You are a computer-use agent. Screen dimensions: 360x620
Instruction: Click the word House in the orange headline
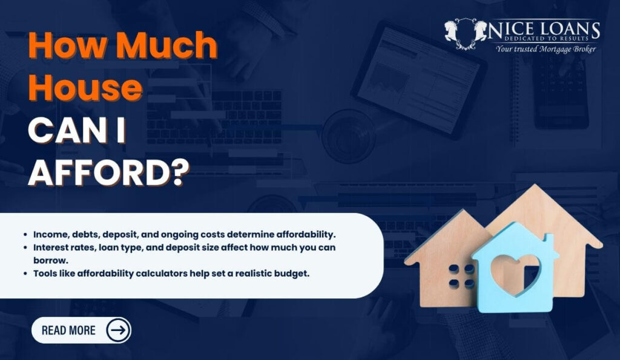pos(85,89)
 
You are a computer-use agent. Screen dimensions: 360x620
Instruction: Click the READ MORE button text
pos(68,330)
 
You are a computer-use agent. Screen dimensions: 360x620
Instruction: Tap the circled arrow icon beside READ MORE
pos(118,330)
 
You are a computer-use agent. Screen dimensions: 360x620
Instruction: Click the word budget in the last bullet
pos(292,273)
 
